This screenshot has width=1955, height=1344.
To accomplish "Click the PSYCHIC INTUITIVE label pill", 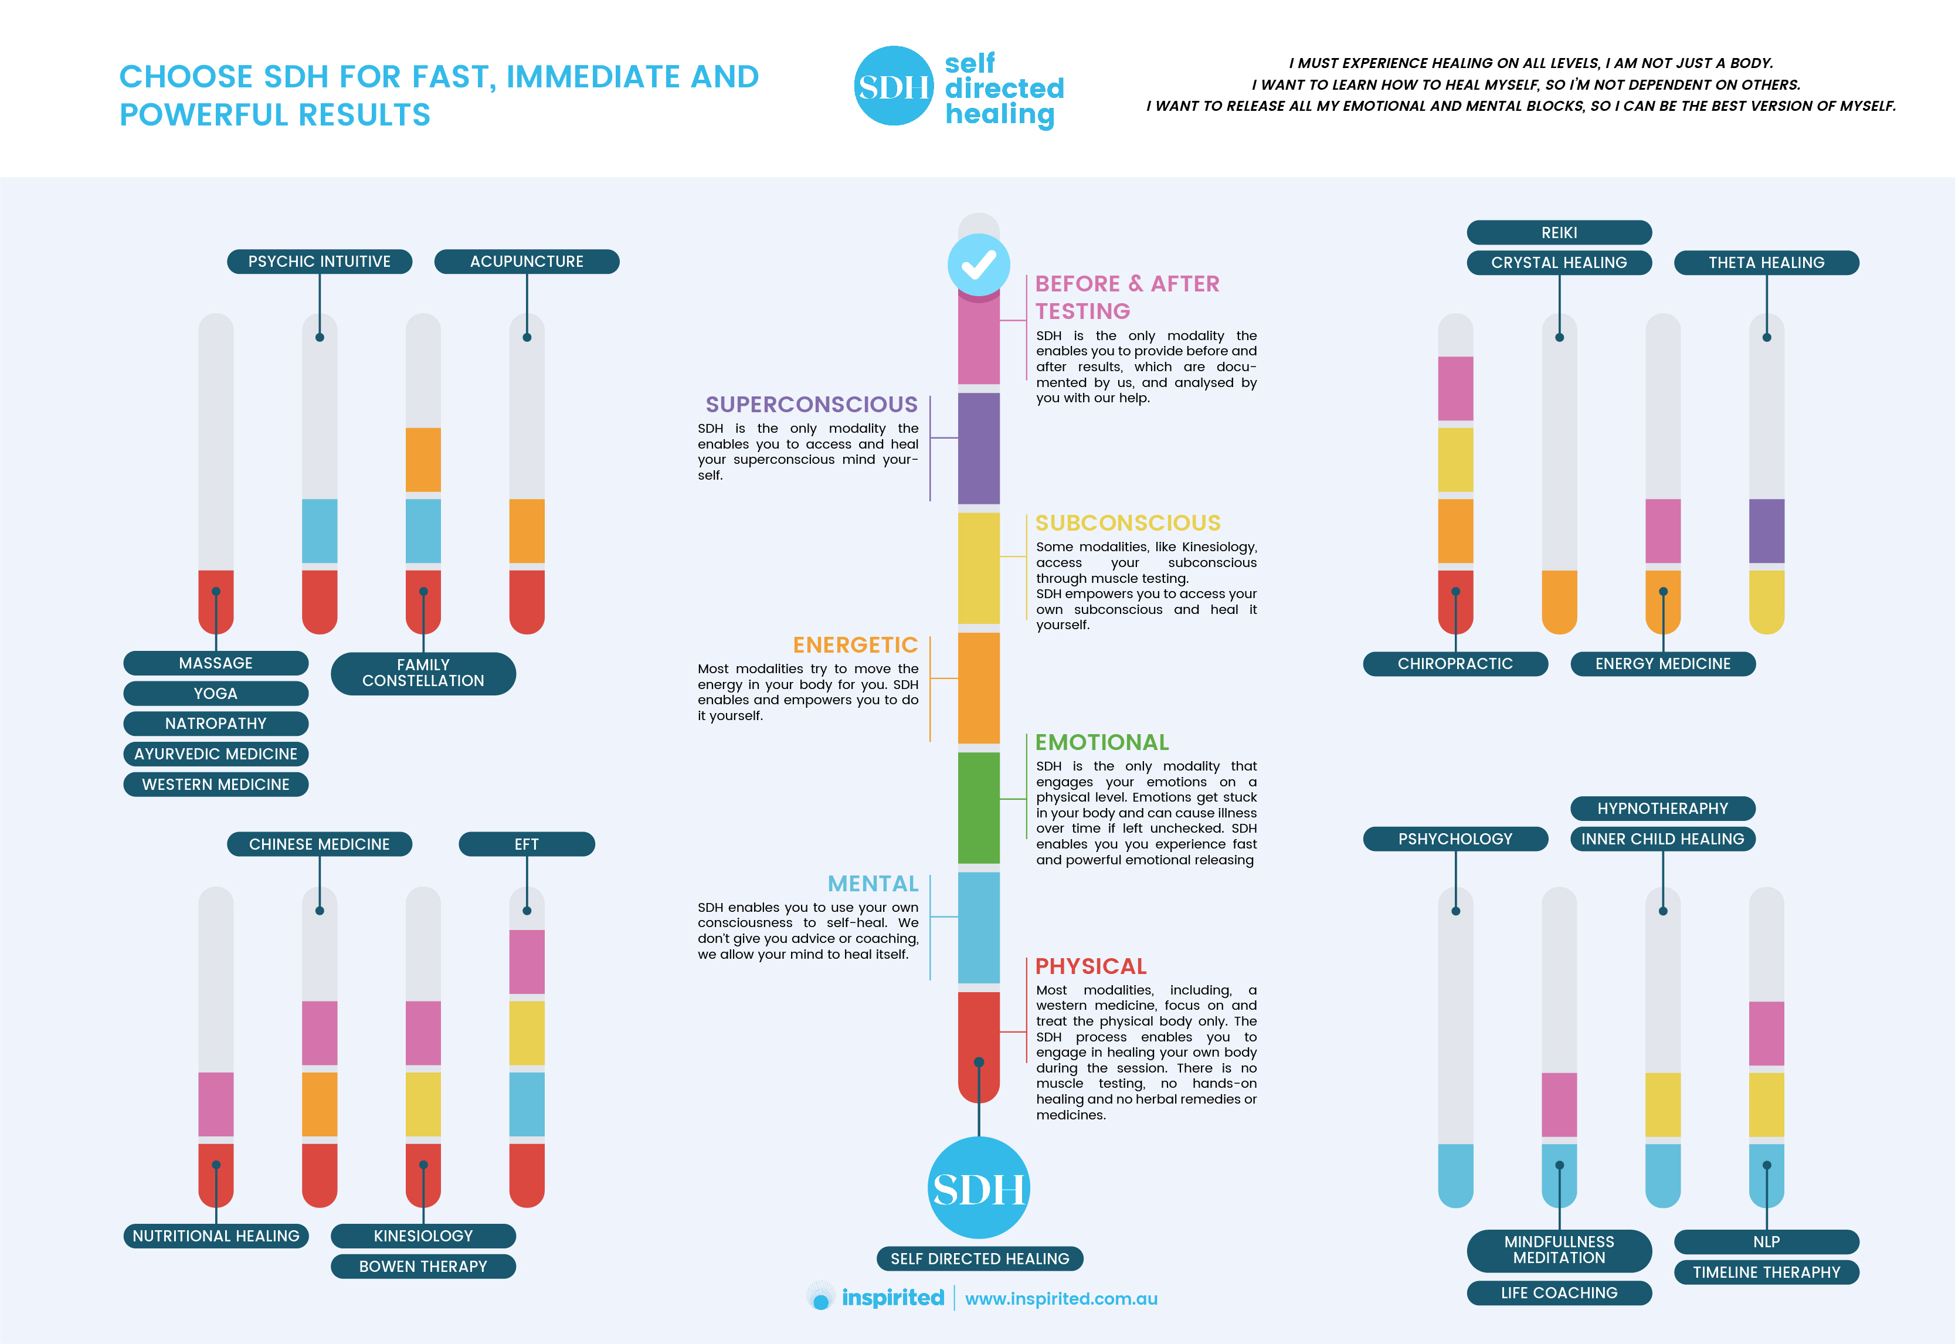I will coord(319,262).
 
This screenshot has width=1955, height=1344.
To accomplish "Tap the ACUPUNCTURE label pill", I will coord(526,262).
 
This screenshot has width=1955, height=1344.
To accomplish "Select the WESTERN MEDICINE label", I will coord(216,784).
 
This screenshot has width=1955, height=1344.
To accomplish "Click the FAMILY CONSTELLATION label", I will coord(423,673).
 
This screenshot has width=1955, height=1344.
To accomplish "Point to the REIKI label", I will coord(1559,232).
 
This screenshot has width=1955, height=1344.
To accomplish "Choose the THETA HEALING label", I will coord(1766,263).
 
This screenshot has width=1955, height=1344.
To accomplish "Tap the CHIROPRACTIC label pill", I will coord(1455,664).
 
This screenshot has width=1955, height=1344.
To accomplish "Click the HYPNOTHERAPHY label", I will coord(1662,809).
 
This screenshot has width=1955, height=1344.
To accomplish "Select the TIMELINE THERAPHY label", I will coord(1766,1272).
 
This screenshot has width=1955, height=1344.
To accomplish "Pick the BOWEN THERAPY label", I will coord(423,1267).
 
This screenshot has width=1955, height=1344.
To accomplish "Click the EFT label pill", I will coord(526,844).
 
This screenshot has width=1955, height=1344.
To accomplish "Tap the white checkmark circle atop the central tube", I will coord(978,264).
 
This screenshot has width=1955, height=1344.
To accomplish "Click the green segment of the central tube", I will coord(978,807).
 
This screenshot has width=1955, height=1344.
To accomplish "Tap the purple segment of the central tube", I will coord(978,448).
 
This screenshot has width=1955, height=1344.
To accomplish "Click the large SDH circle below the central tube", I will coord(978,1187).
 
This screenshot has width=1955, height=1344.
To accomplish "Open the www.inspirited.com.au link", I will coord(1061,1298).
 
